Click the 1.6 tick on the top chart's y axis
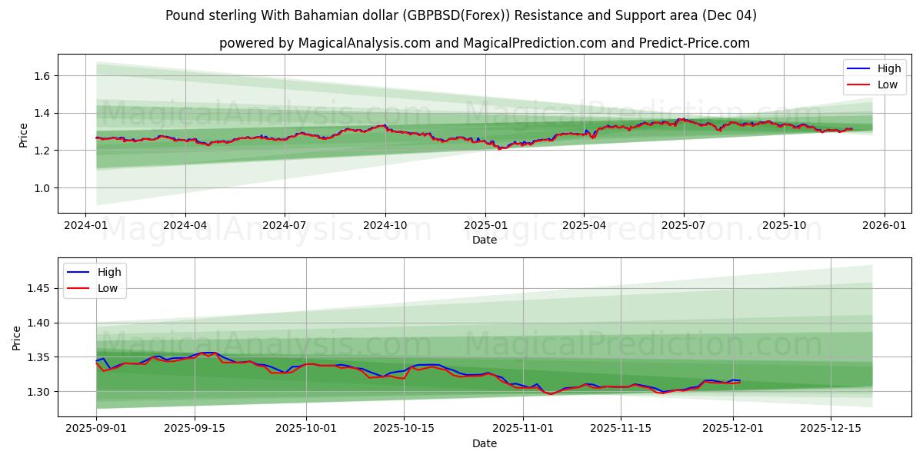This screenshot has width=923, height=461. tap(41, 76)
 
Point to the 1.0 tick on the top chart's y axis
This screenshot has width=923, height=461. tap(41, 188)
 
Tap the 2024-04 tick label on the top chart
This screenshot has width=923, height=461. tap(185, 226)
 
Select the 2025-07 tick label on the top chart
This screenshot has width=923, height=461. tap(684, 226)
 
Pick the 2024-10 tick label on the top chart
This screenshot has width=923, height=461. tap(385, 226)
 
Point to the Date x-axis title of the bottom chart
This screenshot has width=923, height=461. tap(485, 443)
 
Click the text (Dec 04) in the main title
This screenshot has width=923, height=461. tap(730, 15)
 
